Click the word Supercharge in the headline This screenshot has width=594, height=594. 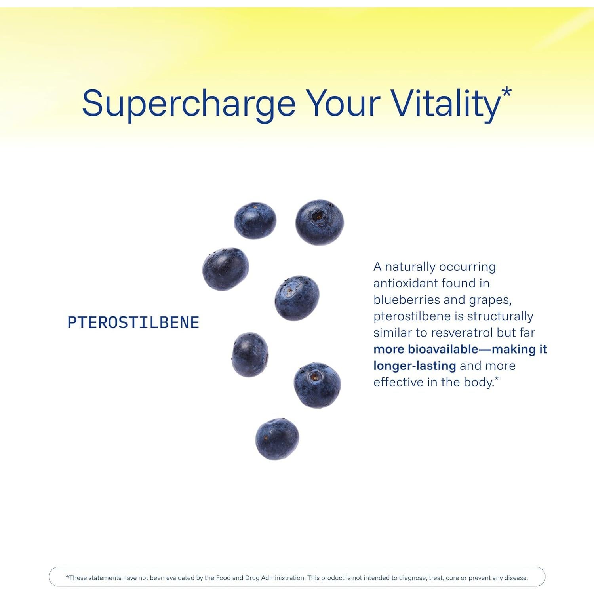[x=189, y=104]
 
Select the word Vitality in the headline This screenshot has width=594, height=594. [x=446, y=104]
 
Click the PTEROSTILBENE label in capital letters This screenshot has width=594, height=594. [x=133, y=322]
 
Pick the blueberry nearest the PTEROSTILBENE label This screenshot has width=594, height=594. [x=226, y=269]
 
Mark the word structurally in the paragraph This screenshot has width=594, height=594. [x=500, y=317]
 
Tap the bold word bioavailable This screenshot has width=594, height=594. [x=443, y=349]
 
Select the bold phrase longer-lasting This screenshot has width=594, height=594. [x=415, y=366]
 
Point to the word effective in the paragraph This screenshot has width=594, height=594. [x=398, y=382]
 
